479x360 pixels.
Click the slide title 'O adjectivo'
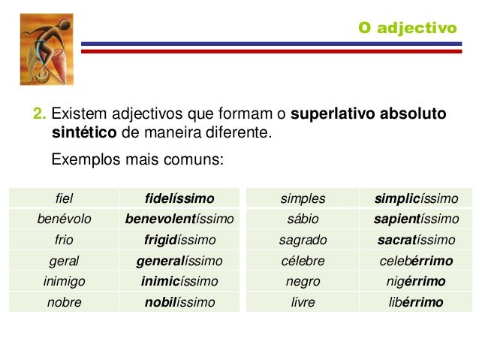click(x=407, y=28)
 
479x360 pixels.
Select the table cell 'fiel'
click(x=64, y=198)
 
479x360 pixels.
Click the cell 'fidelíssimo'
click(x=179, y=198)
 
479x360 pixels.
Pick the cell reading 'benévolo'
click(x=64, y=219)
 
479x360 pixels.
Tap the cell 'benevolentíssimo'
click(x=179, y=219)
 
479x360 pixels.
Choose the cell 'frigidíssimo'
click(x=179, y=241)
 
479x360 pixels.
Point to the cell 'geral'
click(x=64, y=261)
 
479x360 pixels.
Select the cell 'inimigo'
click(x=64, y=282)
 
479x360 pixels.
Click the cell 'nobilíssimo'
click(x=179, y=303)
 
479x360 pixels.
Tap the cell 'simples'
click(x=303, y=198)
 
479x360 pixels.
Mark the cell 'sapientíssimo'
click(x=417, y=219)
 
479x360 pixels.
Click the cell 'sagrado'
click(x=303, y=241)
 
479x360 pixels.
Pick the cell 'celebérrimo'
click(x=417, y=261)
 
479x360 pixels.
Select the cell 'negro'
click(x=303, y=282)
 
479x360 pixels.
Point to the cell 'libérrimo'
click(x=417, y=303)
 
